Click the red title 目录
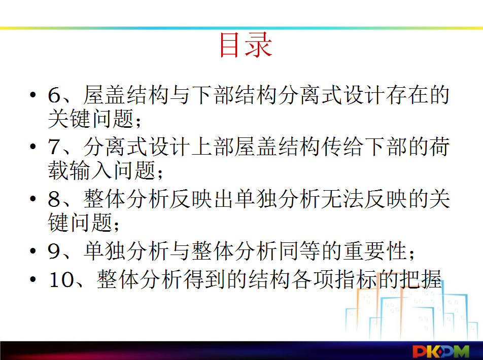(246, 46)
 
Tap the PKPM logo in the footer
(441, 351)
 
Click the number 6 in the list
(54, 95)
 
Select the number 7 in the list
(54, 147)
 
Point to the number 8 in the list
(54, 199)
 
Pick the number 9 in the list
(54, 251)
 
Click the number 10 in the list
(60, 279)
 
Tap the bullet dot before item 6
(33, 94)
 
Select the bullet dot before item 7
(33, 146)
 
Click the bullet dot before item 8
(33, 199)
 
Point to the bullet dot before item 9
(33, 250)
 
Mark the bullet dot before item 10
(33, 279)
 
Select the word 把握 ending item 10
(421, 279)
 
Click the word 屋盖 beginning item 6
(105, 95)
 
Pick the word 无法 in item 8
(343, 199)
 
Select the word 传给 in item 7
(343, 147)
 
